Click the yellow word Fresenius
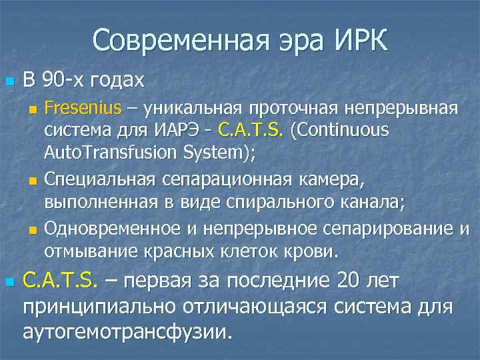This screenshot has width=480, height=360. tap(83, 108)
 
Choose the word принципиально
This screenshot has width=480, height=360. tap(110, 306)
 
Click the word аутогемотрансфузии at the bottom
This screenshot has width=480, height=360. tap(127, 331)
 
